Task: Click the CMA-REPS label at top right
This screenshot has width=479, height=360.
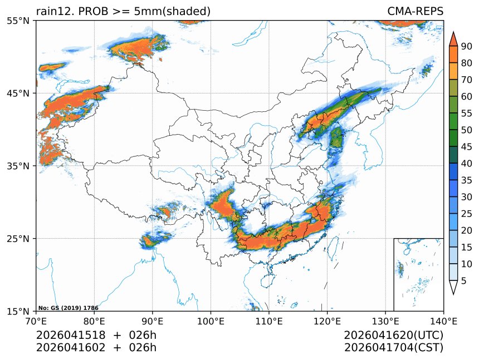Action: pos(415,11)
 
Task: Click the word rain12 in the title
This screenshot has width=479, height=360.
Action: pos(52,11)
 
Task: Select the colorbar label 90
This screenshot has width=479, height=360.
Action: pos(466,46)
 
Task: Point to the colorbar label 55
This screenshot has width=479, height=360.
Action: pos(466,113)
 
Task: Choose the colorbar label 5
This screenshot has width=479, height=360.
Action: pos(464,281)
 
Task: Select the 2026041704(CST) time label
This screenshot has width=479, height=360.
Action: pos(393,348)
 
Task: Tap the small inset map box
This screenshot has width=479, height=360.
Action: pos(418,274)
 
